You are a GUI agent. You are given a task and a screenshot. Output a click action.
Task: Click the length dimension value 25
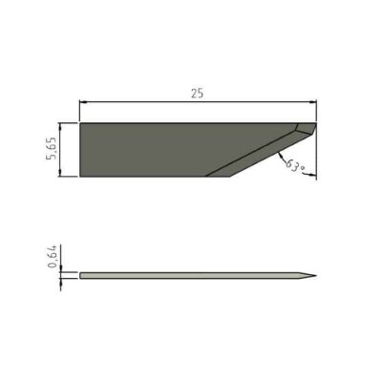click(197, 94)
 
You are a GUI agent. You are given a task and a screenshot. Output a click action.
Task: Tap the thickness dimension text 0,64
click(53, 256)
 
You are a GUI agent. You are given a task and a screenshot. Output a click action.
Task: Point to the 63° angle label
click(294, 166)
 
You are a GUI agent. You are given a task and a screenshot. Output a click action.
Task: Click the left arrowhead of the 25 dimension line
click(83, 102)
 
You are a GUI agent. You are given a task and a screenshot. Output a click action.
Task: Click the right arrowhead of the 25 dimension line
click(313, 102)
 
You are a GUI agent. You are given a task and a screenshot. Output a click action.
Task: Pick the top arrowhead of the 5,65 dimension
click(60, 127)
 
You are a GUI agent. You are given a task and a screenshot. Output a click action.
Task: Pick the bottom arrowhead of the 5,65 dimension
click(60, 173)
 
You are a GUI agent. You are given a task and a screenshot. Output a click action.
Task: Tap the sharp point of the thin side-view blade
click(316, 276)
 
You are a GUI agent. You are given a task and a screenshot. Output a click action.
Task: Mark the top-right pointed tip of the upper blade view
click(316, 123)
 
